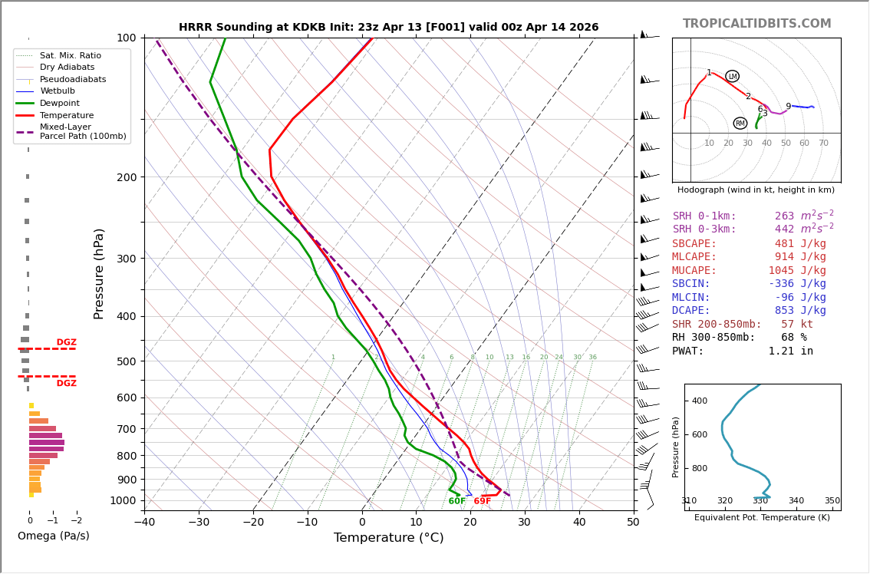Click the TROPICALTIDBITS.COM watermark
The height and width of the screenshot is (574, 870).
[756, 24]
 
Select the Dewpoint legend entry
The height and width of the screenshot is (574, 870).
[59, 103]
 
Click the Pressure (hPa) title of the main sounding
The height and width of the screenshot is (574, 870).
[99, 273]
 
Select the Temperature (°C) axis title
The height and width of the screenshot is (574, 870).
[388, 538]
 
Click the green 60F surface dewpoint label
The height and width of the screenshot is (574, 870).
[456, 502]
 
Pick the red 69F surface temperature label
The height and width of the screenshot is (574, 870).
[482, 502]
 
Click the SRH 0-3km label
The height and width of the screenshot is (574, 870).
[704, 229]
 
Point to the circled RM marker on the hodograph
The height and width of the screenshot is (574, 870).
[740, 124]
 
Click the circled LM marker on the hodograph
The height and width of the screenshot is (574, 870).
[732, 76]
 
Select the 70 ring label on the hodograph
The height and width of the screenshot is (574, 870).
[823, 143]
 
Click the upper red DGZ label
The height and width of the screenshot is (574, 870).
[66, 342]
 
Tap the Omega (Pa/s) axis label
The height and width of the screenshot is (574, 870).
[53, 536]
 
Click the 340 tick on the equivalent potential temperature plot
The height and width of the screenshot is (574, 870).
[796, 501]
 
